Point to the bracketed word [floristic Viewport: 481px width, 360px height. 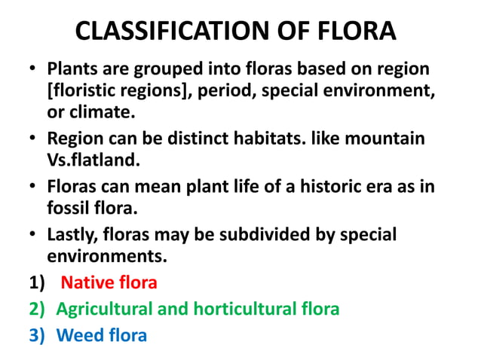[x=83, y=91]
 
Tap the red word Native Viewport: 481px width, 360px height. [x=84, y=283]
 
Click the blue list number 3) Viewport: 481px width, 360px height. [x=38, y=334]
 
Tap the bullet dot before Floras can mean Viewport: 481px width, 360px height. [x=35, y=188]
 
